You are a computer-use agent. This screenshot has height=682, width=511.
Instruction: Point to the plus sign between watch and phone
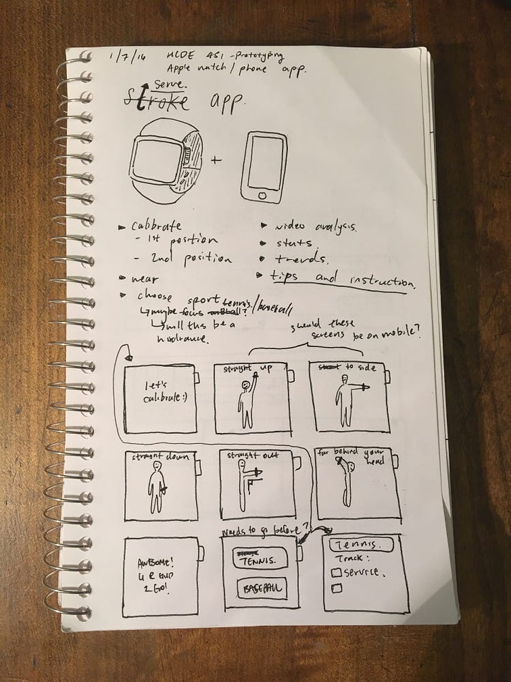point(217,161)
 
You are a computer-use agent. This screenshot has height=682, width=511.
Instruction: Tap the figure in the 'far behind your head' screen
point(346,484)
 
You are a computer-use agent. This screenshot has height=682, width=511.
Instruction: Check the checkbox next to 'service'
point(335,573)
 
